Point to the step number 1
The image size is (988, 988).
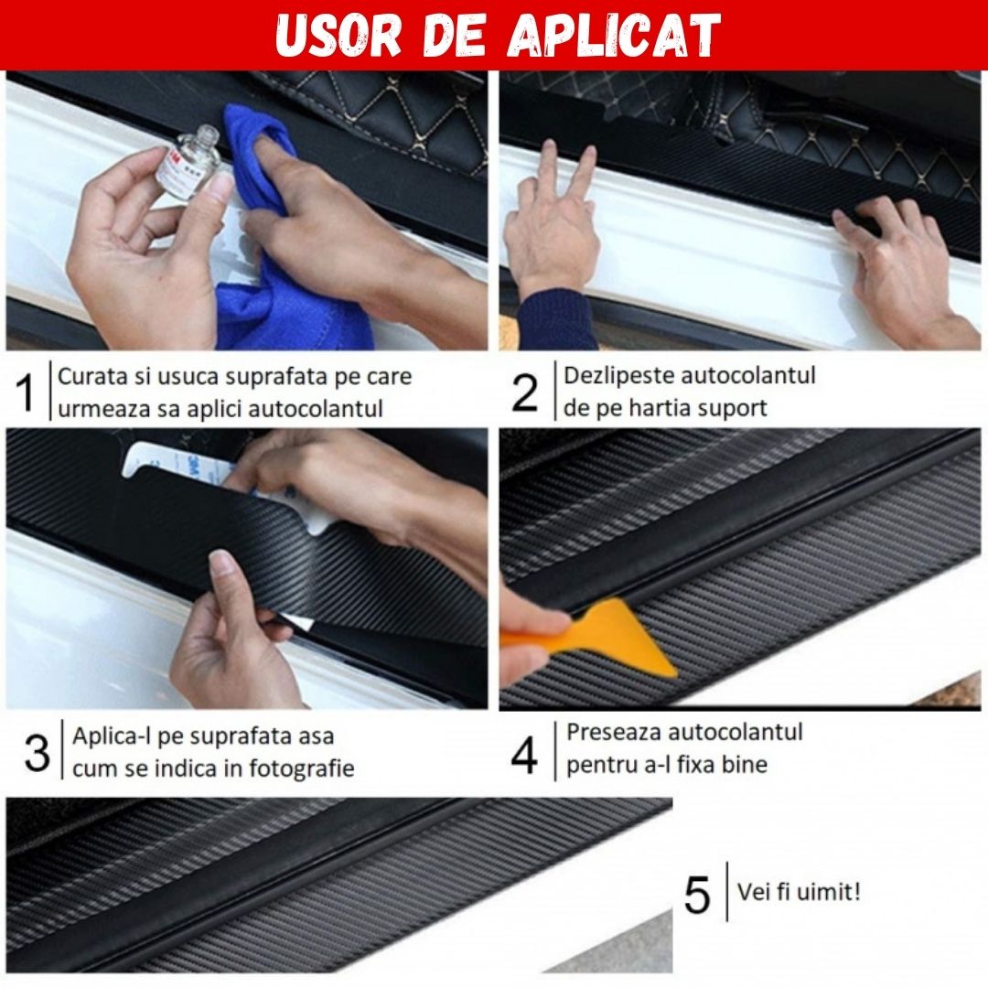pyautogui.click(x=26, y=392)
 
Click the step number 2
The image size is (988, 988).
pyautogui.click(x=525, y=392)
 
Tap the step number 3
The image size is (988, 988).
pyautogui.click(x=38, y=753)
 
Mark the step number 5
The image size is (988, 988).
pyautogui.click(x=697, y=894)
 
